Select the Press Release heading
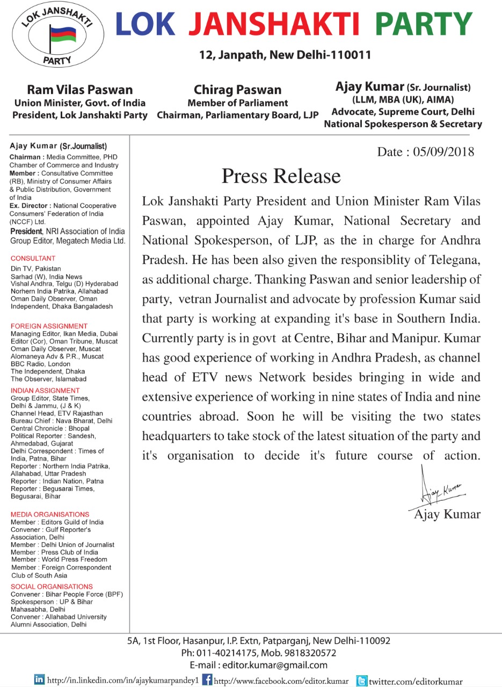pos(281,176)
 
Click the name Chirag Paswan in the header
pos(237,90)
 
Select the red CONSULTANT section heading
pos(33,258)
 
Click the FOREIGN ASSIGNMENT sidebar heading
pos(49,326)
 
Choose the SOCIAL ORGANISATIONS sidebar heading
pos(52,587)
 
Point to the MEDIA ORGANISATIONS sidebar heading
pos(50,514)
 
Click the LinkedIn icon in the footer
pos(39,679)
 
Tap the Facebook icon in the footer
pos(207,679)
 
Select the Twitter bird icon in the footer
pos(362,680)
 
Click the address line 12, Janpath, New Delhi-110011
pos(285,55)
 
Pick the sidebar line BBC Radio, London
pos(40,363)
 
